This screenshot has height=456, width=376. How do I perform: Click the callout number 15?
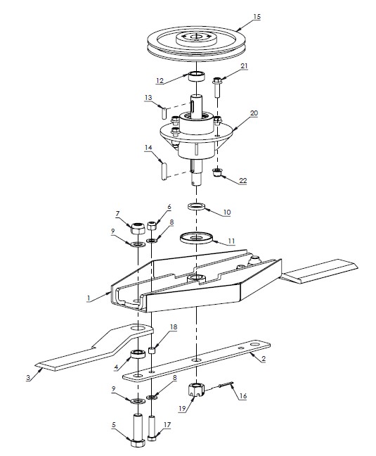(258, 15)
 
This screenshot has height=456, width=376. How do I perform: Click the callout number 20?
(254, 113)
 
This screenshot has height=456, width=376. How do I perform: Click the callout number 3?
(27, 378)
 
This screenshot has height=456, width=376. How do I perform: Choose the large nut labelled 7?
(138, 228)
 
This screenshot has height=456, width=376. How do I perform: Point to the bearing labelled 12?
(197, 77)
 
